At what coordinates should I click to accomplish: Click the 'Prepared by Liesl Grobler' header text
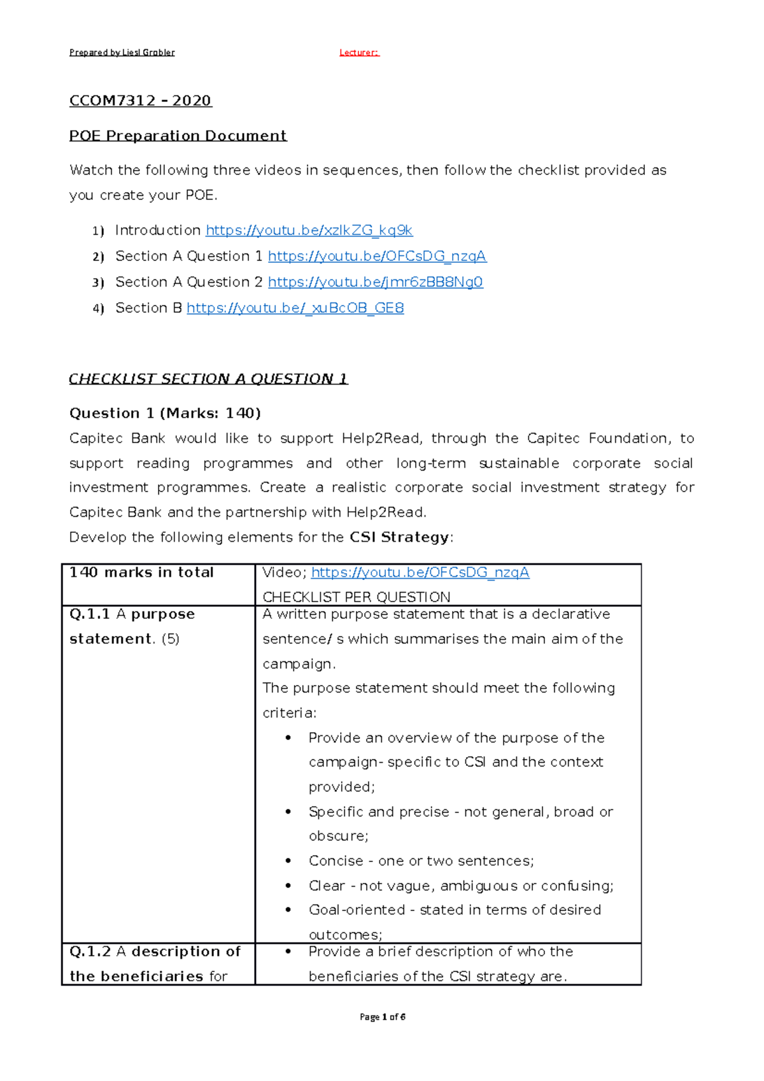tap(122, 52)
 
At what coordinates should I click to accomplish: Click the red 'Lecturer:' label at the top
tap(359, 52)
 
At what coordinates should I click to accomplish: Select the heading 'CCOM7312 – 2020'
tap(140, 101)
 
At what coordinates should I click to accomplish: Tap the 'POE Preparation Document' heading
tap(178, 136)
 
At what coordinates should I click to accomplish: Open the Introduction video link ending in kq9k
tap(309, 230)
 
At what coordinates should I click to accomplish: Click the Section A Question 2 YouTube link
tap(375, 282)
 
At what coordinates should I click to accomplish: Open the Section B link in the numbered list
tap(295, 308)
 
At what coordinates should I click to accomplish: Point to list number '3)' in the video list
tap(97, 283)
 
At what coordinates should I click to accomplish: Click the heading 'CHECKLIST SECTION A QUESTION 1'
tap(208, 379)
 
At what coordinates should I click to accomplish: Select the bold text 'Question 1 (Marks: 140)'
tap(165, 413)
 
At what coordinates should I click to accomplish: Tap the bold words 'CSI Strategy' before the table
tap(399, 537)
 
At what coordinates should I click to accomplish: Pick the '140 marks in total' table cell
tap(141, 572)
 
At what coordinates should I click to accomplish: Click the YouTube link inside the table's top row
tap(420, 572)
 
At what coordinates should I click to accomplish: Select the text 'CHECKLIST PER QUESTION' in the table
tap(356, 597)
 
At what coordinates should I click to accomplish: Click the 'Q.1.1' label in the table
tap(89, 614)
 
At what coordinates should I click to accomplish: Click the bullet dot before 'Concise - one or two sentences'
tap(288, 861)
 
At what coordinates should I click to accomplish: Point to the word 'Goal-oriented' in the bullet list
tap(357, 910)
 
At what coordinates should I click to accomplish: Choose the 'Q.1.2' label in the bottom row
tap(90, 952)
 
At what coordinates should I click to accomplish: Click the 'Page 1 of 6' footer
tap(382, 1017)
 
